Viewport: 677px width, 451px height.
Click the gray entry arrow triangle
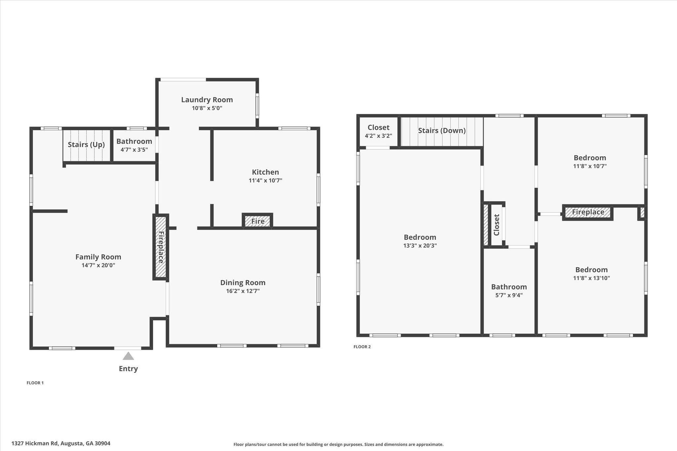(x=128, y=356)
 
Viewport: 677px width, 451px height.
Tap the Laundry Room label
(x=207, y=99)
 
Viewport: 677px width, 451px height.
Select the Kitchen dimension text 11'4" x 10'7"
(x=265, y=180)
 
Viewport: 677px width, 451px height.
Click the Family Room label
(x=98, y=257)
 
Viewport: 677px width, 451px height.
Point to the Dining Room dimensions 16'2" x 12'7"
(x=243, y=291)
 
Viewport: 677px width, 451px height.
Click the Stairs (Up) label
(x=86, y=144)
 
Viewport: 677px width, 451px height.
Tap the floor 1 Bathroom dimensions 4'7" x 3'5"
(x=134, y=150)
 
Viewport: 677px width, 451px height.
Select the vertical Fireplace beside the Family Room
(x=161, y=247)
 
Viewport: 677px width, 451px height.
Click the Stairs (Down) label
(x=442, y=131)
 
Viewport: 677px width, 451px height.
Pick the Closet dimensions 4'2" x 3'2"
(x=378, y=136)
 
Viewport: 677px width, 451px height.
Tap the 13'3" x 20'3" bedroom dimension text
(x=420, y=245)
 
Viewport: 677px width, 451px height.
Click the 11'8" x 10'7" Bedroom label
(x=590, y=158)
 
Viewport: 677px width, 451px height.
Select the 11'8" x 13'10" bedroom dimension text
(x=591, y=278)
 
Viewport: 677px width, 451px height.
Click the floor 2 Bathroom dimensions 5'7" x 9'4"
(x=509, y=295)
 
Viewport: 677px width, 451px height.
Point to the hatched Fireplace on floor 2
(x=588, y=212)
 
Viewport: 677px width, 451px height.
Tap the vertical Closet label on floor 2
(x=497, y=225)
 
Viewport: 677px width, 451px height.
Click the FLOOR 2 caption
(x=362, y=347)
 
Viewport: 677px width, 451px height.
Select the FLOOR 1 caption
(x=35, y=383)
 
